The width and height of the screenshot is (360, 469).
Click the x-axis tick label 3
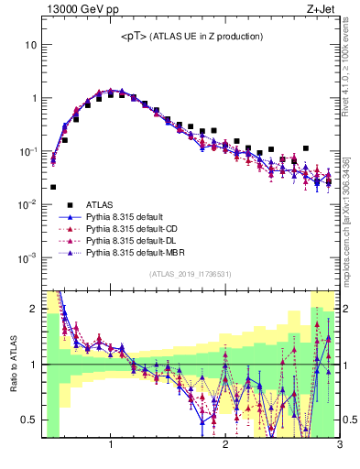pyautogui.click(x=339, y=445)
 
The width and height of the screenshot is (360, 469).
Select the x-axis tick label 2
pyautogui.click(x=225, y=445)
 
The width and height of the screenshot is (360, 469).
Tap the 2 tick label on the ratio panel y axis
pyautogui.click(x=33, y=309)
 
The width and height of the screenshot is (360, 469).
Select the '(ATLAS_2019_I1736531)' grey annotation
pyautogui.click(x=191, y=274)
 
